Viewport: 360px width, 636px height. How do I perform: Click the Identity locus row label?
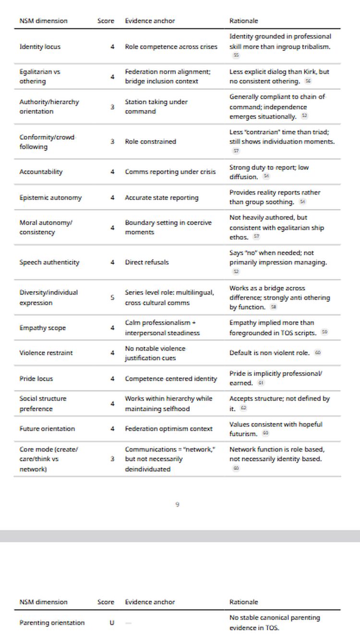click(40, 47)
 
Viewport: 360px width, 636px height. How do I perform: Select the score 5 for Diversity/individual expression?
click(112, 297)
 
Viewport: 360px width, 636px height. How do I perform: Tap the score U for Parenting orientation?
click(112, 623)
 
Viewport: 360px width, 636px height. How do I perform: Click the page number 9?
click(178, 504)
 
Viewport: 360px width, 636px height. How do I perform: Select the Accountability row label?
click(41, 171)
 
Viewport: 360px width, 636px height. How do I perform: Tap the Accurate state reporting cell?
click(162, 197)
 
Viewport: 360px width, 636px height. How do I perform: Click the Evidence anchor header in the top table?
click(150, 21)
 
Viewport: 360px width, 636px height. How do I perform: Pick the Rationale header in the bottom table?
click(244, 602)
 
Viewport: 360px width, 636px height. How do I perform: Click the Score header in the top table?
click(106, 21)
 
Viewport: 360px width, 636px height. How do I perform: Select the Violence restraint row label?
click(46, 353)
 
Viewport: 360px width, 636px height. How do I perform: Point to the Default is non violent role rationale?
click(269, 353)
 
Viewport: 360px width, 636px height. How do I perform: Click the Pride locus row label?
click(36, 379)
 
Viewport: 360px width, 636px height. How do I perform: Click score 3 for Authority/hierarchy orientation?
click(112, 107)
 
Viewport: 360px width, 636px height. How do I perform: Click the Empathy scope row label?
click(43, 328)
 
